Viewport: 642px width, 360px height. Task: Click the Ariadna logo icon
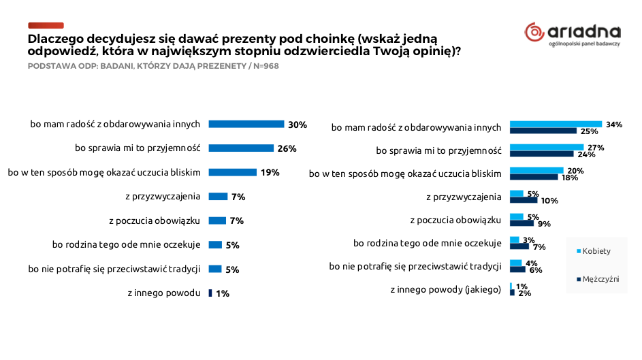tap(534, 31)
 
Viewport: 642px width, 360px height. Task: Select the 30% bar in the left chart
tap(246, 124)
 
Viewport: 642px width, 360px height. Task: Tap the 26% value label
tap(287, 148)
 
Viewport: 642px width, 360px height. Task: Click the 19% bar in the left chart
tap(232, 172)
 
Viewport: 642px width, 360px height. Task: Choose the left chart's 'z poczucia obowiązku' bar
tap(217, 220)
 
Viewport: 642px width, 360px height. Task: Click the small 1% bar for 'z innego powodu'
tap(210, 293)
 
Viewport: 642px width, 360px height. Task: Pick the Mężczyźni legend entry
tap(600, 279)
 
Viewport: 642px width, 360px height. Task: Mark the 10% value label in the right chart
tap(549, 201)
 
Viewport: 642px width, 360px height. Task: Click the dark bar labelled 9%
tap(521, 223)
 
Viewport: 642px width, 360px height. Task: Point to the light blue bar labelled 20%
tap(536, 170)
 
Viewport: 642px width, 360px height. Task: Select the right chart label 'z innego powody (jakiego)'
tap(445, 289)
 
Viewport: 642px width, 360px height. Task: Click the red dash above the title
tap(46, 24)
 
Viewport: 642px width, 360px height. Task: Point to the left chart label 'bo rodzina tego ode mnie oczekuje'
tap(126, 244)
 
